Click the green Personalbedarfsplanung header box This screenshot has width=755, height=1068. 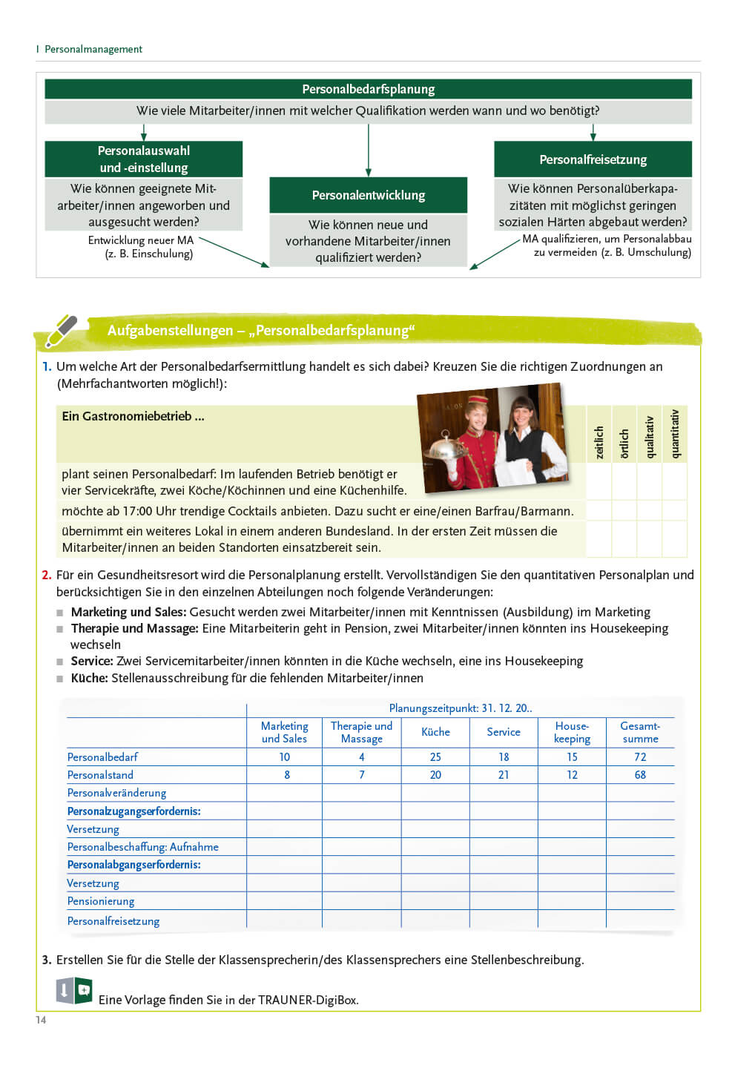coord(368,89)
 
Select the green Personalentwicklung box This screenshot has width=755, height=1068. coord(368,195)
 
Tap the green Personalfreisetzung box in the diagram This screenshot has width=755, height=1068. coord(593,159)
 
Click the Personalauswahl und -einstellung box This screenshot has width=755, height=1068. coord(143,159)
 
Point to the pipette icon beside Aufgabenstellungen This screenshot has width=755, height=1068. coord(61,331)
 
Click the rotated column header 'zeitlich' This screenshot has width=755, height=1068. coord(599,442)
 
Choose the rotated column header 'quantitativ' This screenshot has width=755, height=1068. coord(674,435)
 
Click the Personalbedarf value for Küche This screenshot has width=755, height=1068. coord(435,757)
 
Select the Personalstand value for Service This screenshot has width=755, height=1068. coord(504,775)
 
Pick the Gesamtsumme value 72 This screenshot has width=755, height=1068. coord(640,757)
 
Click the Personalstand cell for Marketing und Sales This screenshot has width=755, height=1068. coord(286,775)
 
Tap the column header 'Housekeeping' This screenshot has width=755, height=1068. coord(572,732)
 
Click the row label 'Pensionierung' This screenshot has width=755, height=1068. coord(101,901)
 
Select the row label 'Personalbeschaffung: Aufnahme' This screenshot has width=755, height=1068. coord(142,847)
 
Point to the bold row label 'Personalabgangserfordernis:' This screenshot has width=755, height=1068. coord(133,865)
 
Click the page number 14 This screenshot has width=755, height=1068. coord(41,1020)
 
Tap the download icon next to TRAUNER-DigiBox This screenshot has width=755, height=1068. coord(65,990)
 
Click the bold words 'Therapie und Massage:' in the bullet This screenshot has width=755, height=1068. coord(134,629)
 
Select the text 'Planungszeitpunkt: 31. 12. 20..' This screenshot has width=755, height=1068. coord(460,708)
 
